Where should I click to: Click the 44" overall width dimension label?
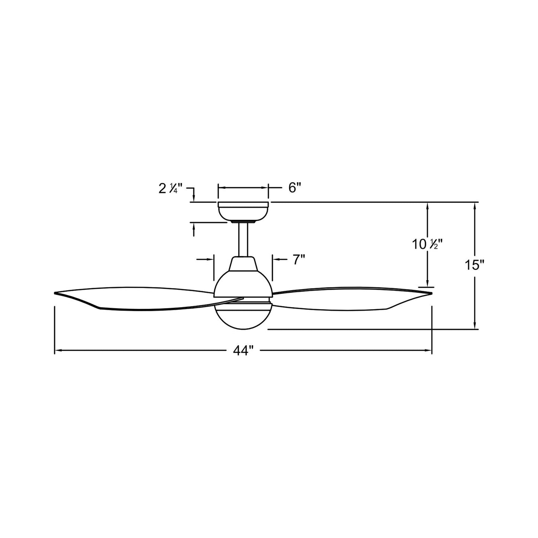[x=243, y=350]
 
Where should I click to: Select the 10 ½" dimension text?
[x=429, y=245]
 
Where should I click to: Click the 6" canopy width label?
[x=294, y=188]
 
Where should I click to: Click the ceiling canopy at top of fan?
[x=243, y=211]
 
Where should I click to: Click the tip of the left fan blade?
[x=57, y=293]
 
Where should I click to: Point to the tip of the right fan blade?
[x=430, y=293]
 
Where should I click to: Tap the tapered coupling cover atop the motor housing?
[x=243, y=264]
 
